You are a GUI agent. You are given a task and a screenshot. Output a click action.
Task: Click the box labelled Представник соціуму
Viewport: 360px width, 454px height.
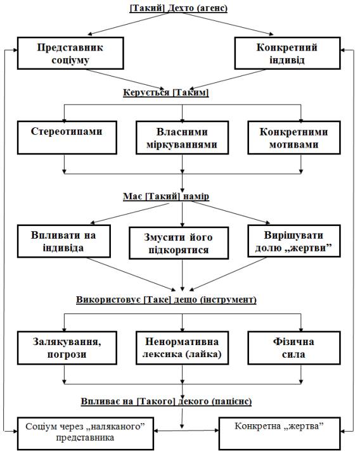click(70, 53)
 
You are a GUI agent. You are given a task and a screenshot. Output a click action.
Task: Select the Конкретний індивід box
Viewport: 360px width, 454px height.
click(287, 53)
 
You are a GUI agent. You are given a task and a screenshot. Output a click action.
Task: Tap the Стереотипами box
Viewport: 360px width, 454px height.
click(67, 137)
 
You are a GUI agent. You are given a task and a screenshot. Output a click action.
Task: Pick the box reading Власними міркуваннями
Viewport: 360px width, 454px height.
click(182, 137)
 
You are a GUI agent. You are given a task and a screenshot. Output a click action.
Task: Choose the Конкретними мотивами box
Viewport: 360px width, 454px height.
click(294, 137)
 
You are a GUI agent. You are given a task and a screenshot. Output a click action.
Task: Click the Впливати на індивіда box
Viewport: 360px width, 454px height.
click(64, 241)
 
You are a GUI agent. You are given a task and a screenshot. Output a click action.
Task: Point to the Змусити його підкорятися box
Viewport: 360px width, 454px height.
click(179, 243)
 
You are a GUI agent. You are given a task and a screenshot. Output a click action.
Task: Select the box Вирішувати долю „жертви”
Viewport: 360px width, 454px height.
click(294, 241)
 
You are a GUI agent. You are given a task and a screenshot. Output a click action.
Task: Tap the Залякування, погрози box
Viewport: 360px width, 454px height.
click(67, 348)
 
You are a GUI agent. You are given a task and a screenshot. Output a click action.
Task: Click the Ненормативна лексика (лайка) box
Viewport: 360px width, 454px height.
click(182, 348)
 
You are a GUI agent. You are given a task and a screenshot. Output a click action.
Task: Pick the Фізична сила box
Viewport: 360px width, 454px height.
click(294, 348)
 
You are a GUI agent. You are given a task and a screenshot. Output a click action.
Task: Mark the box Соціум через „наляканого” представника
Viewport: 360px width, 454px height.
click(85, 433)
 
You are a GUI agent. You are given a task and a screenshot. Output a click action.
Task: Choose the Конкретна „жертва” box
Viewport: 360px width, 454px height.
click(280, 433)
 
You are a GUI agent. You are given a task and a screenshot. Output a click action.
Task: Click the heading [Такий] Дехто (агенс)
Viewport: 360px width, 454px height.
click(179, 8)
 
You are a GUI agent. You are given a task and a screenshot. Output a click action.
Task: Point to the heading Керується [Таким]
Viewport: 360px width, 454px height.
click(166, 92)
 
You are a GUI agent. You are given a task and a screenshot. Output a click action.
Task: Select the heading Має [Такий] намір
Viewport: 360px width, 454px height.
click(166, 196)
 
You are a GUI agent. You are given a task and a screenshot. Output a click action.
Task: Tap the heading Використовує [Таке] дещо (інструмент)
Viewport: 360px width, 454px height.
click(166, 300)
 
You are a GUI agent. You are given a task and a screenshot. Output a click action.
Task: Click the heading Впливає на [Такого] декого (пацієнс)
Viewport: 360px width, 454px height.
click(166, 401)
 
